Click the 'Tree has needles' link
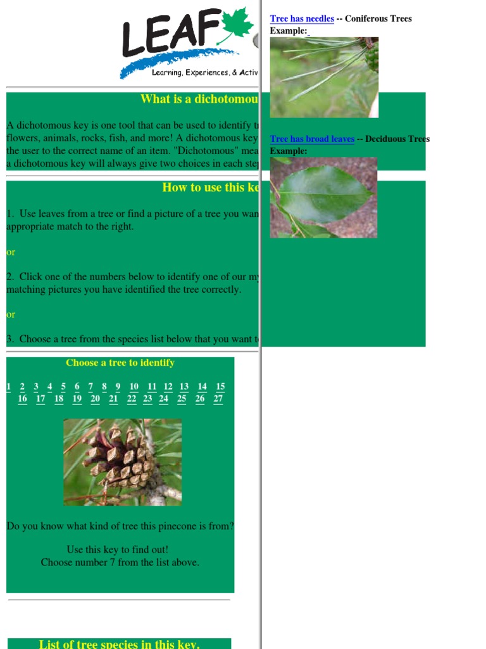pyautogui.click(x=302, y=19)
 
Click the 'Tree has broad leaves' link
pyautogui.click(x=312, y=139)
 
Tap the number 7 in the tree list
pyautogui.click(x=90, y=387)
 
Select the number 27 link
pyautogui.click(x=218, y=399)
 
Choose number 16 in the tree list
pyautogui.click(x=23, y=399)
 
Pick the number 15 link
pyautogui.click(x=220, y=387)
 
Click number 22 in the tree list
pyautogui.click(x=132, y=399)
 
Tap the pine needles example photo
pyautogui.click(x=324, y=77)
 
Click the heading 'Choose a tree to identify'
pyautogui.click(x=120, y=363)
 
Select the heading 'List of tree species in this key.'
pyautogui.click(x=119, y=644)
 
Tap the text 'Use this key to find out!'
pyautogui.click(x=118, y=549)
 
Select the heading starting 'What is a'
pyautogui.click(x=199, y=99)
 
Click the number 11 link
pyautogui.click(x=152, y=387)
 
